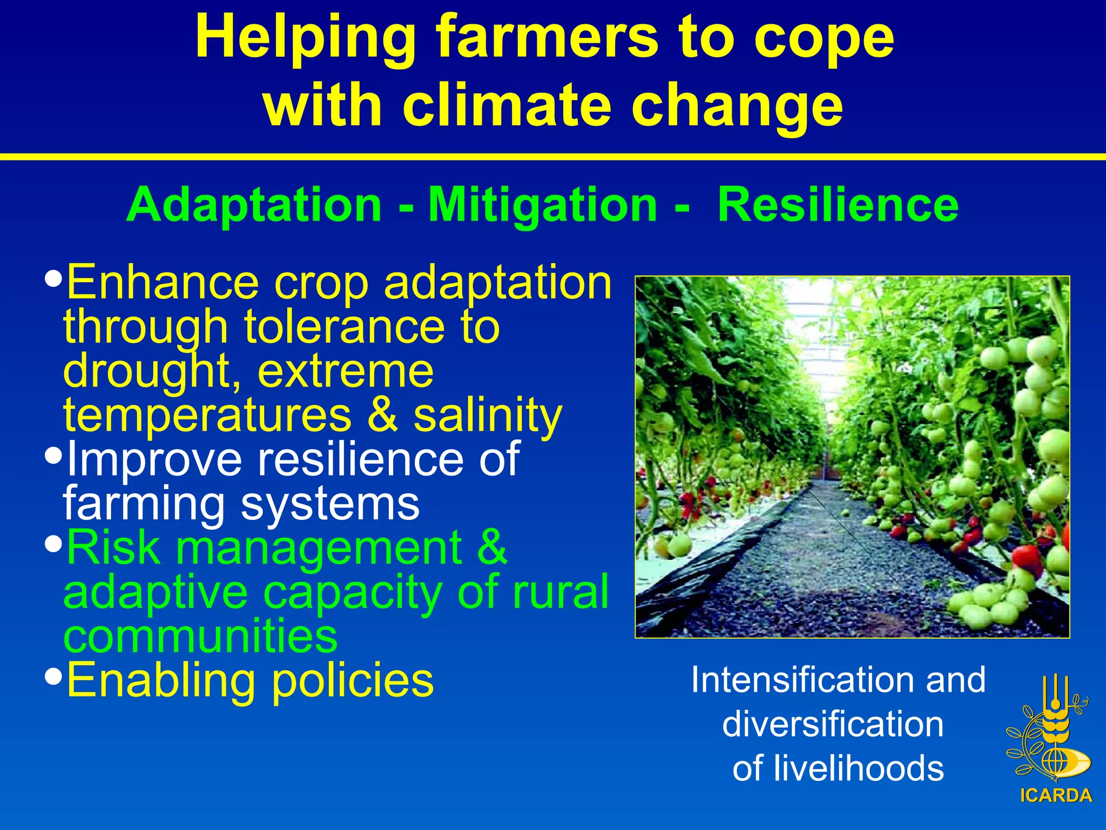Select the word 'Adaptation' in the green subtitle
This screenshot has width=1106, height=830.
pyautogui.click(x=254, y=205)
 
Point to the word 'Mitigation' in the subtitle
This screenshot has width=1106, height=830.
pyautogui.click(x=543, y=206)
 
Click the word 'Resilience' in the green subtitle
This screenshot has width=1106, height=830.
pyautogui.click(x=838, y=205)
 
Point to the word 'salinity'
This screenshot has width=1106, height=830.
pyautogui.click(x=488, y=416)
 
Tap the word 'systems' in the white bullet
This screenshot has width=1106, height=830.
pyautogui.click(x=330, y=504)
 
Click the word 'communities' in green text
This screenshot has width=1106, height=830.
pyautogui.click(x=200, y=636)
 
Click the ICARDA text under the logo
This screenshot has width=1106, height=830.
pyautogui.click(x=1056, y=795)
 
